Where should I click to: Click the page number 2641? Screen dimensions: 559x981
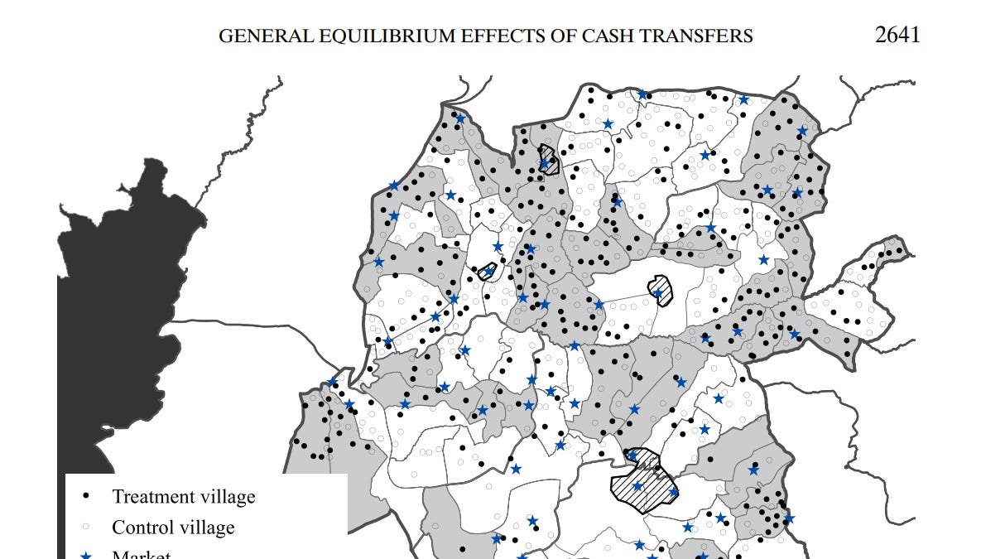coord(897,36)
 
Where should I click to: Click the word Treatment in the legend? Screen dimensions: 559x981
coord(151,497)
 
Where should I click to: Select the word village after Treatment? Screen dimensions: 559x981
coord(225,497)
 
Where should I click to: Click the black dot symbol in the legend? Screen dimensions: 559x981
coord(85,497)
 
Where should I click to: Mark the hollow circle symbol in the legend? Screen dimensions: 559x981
coord(85,528)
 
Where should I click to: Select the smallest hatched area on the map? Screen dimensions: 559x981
coord(488,271)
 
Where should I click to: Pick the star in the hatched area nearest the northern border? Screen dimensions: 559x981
coord(544,164)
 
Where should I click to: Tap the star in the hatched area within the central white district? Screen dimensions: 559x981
coord(658,293)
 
